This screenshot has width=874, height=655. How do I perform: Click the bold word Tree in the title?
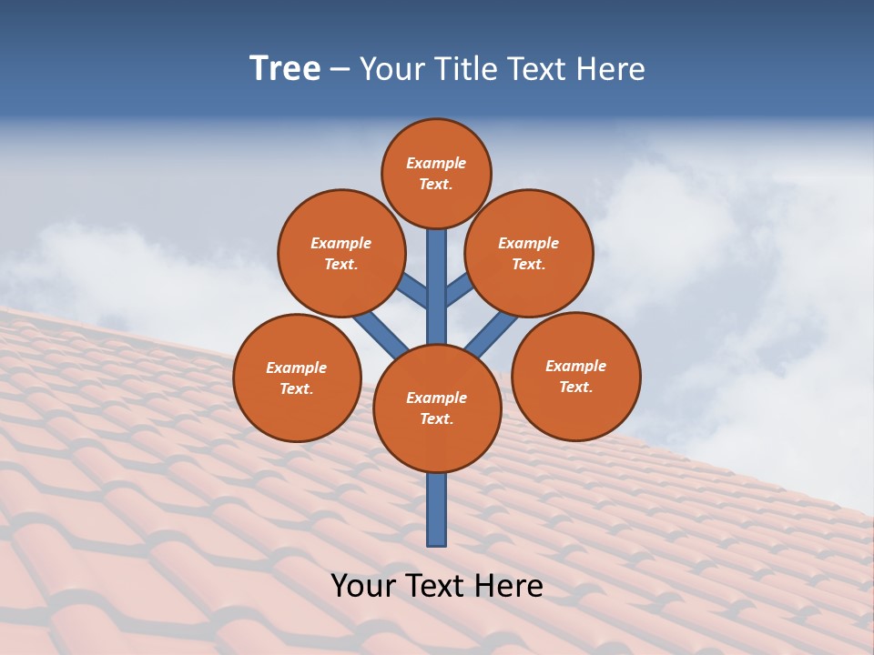[285, 69]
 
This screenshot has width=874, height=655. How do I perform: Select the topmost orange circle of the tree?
[436, 173]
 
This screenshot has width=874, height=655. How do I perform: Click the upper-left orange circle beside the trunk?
[340, 253]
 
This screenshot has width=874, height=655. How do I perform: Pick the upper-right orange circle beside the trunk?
[529, 253]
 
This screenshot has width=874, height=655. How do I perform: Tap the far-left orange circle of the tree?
[297, 378]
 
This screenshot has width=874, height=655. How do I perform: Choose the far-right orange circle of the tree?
[575, 376]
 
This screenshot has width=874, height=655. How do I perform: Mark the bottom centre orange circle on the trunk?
[437, 408]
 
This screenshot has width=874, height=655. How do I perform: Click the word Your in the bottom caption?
[362, 586]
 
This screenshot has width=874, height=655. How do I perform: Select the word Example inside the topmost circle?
[436, 164]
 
